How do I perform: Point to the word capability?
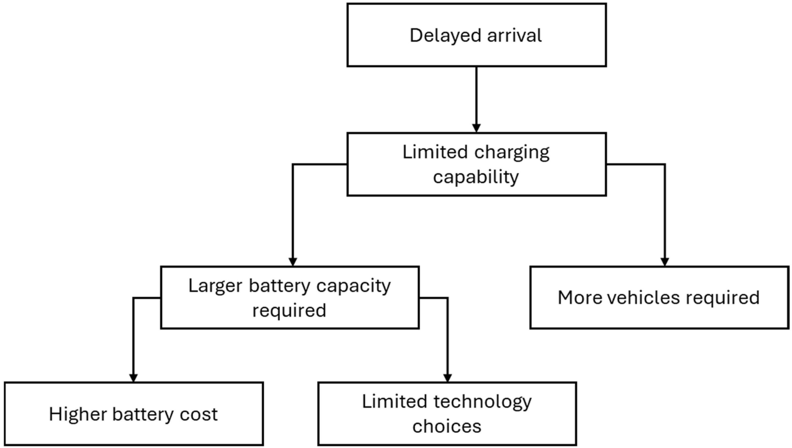476,177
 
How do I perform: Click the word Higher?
78,414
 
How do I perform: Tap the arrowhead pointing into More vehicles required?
664,262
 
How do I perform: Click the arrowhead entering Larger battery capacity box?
293,262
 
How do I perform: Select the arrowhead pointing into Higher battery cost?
133,378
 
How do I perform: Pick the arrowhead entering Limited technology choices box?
447,378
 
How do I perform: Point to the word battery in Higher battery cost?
143,414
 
